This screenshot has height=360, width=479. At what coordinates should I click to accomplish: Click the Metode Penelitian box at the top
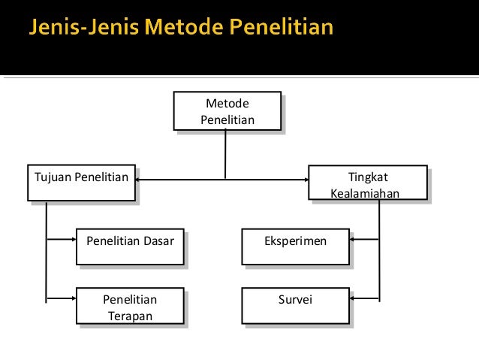227,110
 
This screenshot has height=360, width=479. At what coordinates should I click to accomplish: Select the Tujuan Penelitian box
81,183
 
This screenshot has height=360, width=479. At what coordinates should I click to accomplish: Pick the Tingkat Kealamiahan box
368,183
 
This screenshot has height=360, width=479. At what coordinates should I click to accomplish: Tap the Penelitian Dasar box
130,247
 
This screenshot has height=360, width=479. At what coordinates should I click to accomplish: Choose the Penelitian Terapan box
130,306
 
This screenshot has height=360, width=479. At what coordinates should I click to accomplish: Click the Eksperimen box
295,247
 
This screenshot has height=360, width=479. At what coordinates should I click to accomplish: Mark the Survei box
295,306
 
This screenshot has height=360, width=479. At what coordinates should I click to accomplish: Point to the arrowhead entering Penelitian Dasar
72,241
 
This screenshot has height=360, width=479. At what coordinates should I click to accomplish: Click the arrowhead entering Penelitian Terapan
72,298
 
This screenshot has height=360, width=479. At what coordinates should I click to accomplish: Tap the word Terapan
130,316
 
